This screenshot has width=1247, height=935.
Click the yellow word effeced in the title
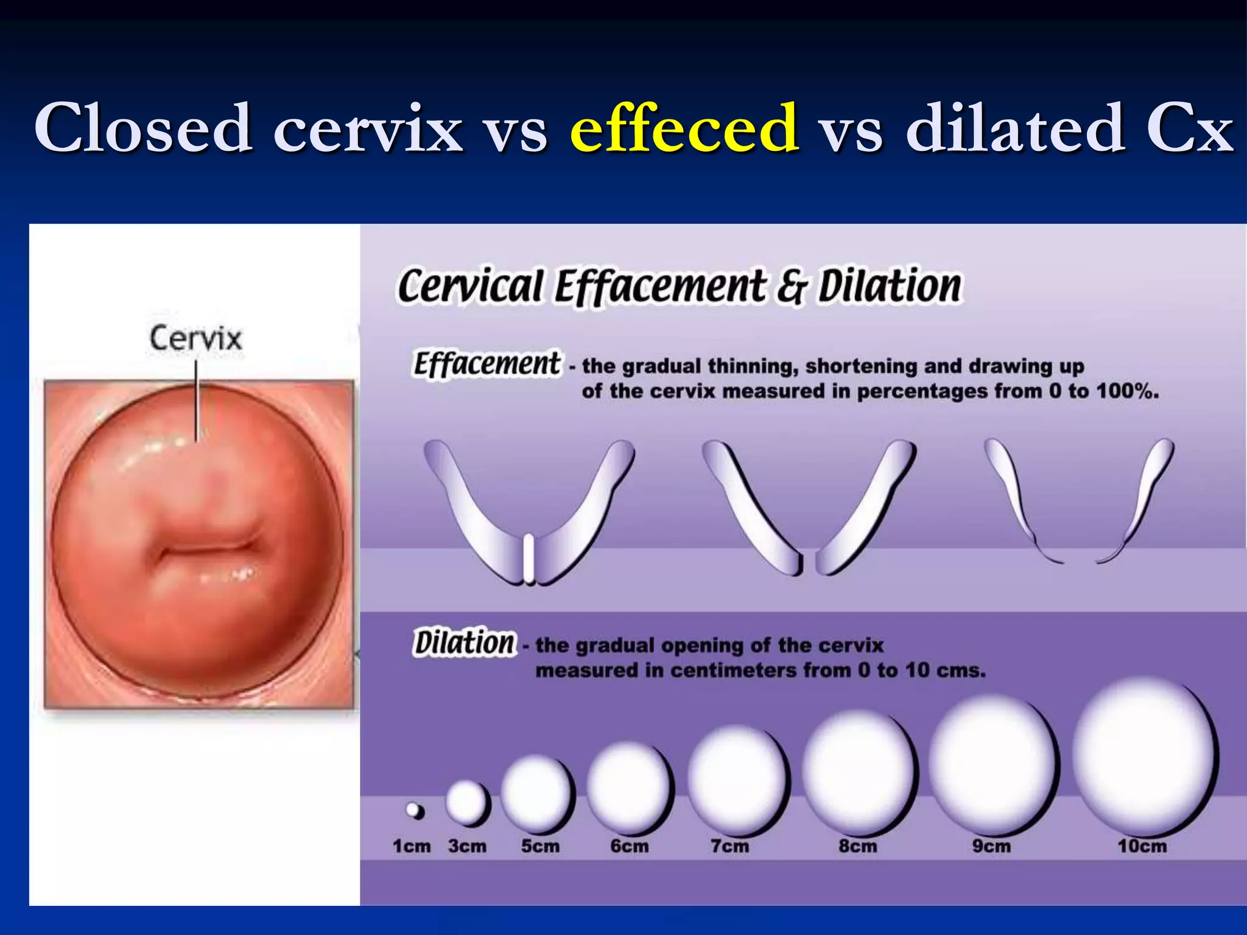pyautogui.click(x=684, y=128)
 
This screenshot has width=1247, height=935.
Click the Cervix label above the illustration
pyautogui.click(x=195, y=338)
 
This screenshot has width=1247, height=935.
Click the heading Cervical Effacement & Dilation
pyautogui.click(x=680, y=286)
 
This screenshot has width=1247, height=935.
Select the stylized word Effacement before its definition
pyautogui.click(x=487, y=364)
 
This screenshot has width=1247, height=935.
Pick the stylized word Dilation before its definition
pyautogui.click(x=465, y=643)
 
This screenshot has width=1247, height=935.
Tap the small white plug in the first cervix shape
pyautogui.click(x=529, y=558)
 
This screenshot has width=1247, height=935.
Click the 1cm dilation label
pyautogui.click(x=412, y=846)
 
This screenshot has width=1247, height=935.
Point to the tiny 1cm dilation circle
pyautogui.click(x=415, y=811)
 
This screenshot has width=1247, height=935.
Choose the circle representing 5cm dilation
pyautogui.click(x=538, y=794)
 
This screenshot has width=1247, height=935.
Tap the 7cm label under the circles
pyautogui.click(x=729, y=846)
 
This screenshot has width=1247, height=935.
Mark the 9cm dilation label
pyautogui.click(x=991, y=846)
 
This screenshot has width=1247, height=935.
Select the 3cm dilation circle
pyautogui.click(x=468, y=803)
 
